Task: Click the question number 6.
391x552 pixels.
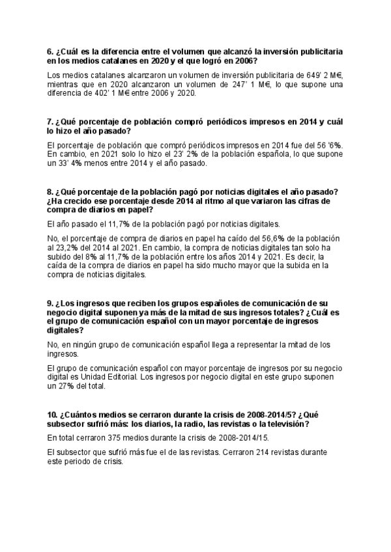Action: click(51, 51)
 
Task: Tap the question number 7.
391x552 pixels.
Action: click(51, 121)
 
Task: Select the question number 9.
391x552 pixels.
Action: click(51, 303)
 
